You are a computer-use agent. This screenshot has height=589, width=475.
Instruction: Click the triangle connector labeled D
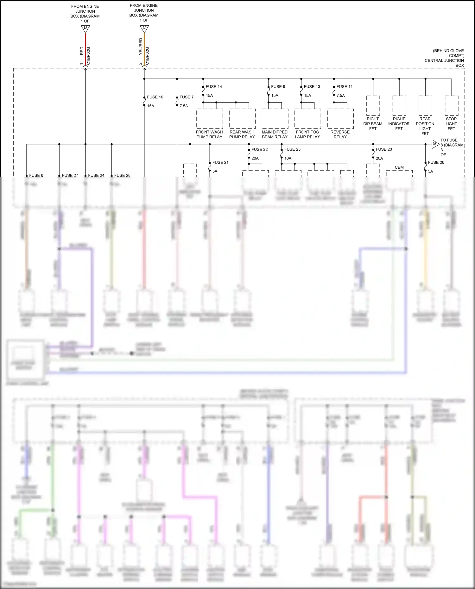pos(85,29)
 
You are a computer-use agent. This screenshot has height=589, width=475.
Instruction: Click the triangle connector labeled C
pos(144,28)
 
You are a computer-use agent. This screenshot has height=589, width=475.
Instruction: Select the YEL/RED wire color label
pos(141,47)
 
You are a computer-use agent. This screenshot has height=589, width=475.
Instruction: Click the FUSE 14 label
pos(214,87)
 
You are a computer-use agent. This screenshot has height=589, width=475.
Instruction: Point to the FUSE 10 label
pos(155,97)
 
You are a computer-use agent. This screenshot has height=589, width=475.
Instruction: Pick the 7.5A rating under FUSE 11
pos(341,96)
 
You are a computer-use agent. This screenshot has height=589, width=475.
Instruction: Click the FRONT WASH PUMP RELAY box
pos(209,119)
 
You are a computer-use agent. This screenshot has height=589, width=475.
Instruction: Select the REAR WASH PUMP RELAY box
pos(242,119)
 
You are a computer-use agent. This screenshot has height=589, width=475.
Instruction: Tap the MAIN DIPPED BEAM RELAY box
pos(275,119)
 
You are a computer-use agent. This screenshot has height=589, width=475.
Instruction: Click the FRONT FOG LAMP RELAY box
pos(307,119)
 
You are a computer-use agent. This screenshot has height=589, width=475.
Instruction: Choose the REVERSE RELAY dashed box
pos(340,119)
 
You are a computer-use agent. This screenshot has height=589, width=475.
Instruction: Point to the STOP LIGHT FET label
pos(451,124)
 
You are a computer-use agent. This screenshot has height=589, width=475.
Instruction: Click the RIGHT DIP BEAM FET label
pos(373,124)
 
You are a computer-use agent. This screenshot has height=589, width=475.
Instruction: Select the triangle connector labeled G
pos(435,144)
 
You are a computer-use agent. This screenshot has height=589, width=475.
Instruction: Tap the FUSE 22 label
pos(259,149)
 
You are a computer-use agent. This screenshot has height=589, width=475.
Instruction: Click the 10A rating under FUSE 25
pos(288,158)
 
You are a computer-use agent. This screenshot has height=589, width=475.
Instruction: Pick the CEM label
pos(399,167)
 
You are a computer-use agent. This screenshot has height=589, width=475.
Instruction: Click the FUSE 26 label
pos(436,162)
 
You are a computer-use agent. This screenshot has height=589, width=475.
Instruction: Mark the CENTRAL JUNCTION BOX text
pos(444,60)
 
